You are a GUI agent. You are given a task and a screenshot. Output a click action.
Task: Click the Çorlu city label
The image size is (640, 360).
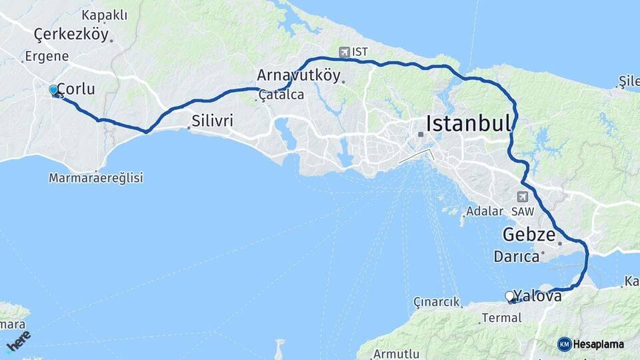76,89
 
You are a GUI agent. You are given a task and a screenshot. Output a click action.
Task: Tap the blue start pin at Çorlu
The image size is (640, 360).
53,90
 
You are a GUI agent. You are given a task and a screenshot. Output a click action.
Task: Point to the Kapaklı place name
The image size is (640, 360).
104,15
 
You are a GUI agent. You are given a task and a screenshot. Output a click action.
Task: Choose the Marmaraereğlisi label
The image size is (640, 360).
96,178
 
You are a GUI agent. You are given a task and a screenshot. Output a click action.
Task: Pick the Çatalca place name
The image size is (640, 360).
282,95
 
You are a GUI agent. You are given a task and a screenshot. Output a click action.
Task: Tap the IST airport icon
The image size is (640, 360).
344,51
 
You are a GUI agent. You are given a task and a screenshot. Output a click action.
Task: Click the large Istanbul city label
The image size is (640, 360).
468,123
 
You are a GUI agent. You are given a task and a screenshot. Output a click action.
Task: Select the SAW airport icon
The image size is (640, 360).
521,197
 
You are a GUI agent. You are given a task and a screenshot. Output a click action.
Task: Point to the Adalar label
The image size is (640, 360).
485,211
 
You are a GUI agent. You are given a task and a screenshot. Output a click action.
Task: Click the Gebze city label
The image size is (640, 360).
529,235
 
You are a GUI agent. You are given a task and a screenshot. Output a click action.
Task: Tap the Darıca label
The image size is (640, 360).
516,256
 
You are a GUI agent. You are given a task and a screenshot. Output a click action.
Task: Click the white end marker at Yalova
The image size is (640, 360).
509,296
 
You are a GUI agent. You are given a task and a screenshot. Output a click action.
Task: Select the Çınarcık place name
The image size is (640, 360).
437,302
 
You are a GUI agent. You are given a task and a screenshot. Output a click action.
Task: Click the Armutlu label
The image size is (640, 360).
397,353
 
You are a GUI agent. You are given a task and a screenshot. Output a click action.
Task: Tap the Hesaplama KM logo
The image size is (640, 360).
591,344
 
